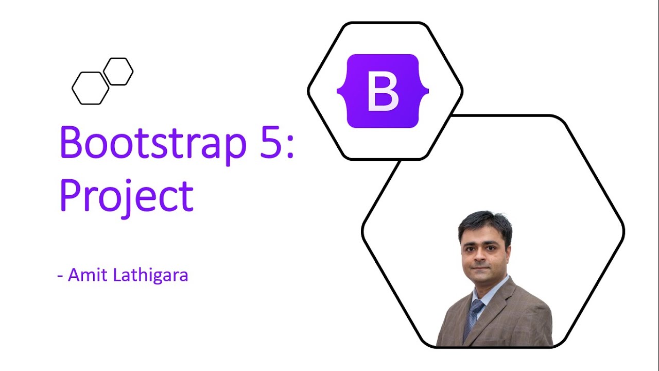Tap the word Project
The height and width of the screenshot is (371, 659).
127,197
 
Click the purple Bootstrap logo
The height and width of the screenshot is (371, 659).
383,91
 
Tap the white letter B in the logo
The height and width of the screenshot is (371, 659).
383,92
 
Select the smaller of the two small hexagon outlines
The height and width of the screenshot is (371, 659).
118,71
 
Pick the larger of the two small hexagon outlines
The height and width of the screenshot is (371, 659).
91,88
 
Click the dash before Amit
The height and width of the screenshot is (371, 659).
60,276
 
